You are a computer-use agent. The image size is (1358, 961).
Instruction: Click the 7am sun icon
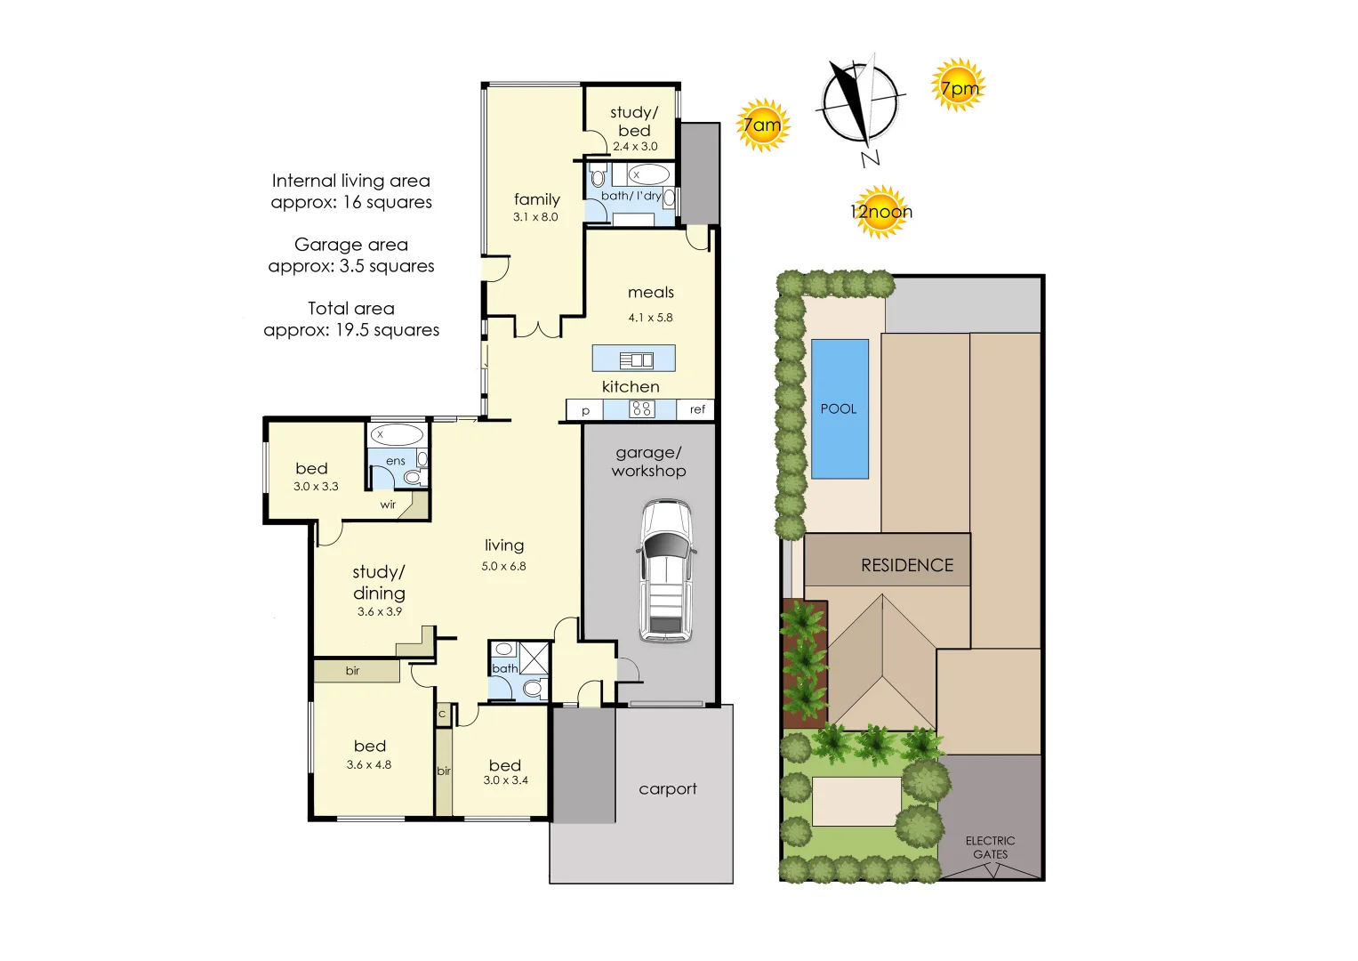[763, 125]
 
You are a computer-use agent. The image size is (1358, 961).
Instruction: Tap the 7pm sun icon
[959, 85]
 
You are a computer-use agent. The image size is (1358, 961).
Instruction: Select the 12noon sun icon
[881, 211]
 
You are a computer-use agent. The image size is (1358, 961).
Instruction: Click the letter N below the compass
[870, 158]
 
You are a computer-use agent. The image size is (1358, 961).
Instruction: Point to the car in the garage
[666, 570]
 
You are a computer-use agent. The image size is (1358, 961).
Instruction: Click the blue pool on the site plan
[840, 409]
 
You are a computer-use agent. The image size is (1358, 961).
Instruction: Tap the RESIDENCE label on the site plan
[907, 565]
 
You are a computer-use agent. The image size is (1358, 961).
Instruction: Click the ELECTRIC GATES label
[990, 847]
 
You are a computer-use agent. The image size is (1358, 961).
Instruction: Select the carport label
[668, 788]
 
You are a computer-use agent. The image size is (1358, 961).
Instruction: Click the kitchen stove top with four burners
[641, 409]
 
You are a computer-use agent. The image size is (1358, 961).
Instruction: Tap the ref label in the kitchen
[697, 409]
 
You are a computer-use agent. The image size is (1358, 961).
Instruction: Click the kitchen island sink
[636, 360]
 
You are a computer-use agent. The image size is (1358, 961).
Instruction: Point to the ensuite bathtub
[397, 434]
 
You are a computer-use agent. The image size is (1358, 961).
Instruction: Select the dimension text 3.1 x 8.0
[535, 217]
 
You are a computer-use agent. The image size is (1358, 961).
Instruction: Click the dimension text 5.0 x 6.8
[503, 566]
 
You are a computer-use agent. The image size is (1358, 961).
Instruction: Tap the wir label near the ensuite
[388, 505]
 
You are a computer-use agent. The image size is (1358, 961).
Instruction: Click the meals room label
[650, 293]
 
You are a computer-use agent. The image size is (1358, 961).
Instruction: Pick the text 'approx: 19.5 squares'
[351, 330]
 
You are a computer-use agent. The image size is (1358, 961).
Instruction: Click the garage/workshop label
[648, 462]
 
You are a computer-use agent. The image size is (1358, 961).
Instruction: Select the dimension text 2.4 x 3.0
[635, 146]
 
